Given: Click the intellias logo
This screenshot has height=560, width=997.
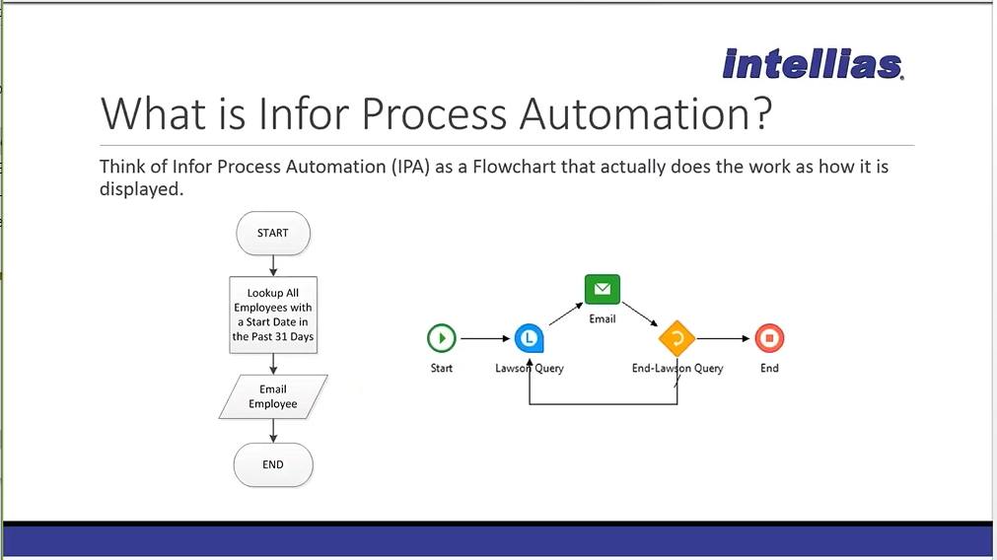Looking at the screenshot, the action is coord(813,63).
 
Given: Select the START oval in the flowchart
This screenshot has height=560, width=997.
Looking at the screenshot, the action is coord(273,234).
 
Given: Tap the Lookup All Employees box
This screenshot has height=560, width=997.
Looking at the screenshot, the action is coord(273,315).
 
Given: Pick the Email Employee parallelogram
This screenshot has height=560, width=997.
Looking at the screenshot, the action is coord(273,396).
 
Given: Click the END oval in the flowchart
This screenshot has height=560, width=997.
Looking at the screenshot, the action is coord(273,464).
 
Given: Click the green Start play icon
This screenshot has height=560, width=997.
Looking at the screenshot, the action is coord(441,338).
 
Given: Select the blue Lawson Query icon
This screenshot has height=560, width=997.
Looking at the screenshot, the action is coord(529,338).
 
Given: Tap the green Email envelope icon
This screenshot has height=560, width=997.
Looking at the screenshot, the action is coord(603,289).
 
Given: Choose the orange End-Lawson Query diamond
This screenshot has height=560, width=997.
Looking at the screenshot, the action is coord(677,338).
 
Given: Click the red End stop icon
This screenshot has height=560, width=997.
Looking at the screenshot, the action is coord(769,338).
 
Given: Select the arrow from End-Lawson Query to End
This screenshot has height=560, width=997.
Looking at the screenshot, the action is coord(724,339).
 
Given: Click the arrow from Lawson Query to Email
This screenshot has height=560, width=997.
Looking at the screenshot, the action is coord(566,314).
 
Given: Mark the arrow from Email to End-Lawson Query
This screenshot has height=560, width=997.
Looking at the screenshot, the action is coord(640,314).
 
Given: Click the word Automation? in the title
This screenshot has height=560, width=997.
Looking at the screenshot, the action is coord(646,114).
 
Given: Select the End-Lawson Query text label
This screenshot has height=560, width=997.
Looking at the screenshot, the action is coord(677,368).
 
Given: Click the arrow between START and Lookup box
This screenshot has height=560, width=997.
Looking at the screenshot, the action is coord(273,265).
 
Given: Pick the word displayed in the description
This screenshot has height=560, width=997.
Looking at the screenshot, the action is coord(141,189).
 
